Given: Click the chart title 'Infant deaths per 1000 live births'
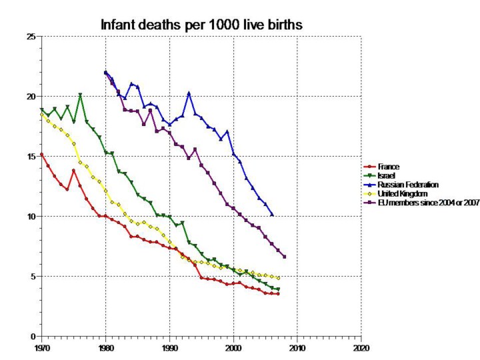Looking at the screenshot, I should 201,25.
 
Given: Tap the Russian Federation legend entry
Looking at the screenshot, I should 399,183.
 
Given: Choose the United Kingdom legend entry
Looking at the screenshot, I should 394,193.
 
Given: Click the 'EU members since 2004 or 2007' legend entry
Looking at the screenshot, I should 417,201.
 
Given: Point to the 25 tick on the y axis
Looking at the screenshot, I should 31,37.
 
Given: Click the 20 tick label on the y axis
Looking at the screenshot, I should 31,97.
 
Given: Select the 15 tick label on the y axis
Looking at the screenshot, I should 31,157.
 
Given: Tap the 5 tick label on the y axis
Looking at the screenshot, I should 33,276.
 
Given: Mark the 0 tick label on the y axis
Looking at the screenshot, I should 33,336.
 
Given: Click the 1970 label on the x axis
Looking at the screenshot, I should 41,347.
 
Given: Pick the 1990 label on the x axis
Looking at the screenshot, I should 169,347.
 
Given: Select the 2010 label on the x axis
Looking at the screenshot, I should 297,347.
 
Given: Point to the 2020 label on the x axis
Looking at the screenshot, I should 361,347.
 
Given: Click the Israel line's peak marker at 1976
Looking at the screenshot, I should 80,95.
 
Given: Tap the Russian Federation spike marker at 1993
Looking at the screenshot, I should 189,93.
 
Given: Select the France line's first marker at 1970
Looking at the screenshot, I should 41,154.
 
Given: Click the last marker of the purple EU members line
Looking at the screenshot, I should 285,257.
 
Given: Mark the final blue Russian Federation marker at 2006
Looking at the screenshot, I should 272,215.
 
